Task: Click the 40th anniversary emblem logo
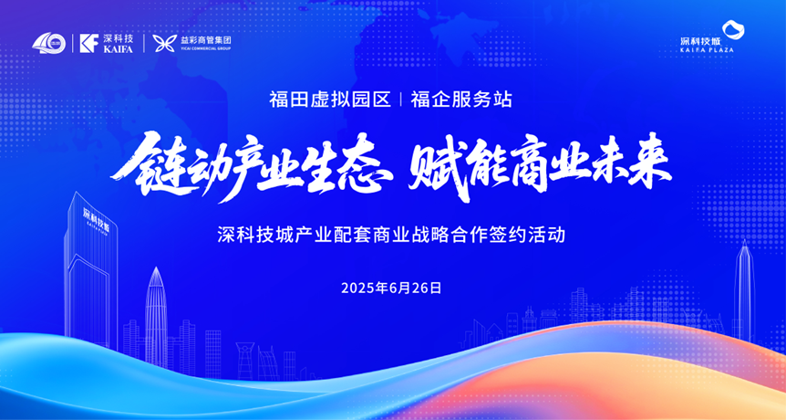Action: pos(48,43)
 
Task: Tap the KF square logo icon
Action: pos(89,43)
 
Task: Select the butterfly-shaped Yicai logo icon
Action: pos(164,43)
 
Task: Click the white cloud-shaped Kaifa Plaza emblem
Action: pos(733,29)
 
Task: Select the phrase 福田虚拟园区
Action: pos(330,99)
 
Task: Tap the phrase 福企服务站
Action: pos(461,99)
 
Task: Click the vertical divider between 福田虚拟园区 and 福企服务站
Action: pos(400,100)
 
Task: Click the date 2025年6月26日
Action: pos(391,288)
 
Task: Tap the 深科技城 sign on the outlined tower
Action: pos(96,218)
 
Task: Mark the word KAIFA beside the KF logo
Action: pos(118,49)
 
